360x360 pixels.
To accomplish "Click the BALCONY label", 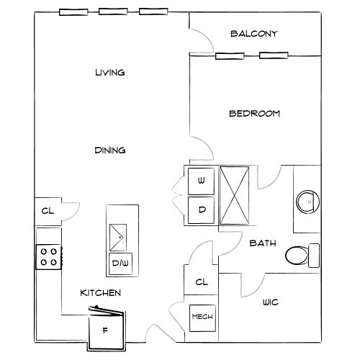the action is (254, 34).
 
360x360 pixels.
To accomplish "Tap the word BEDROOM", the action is (254, 113).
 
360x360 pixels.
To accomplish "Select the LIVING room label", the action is (110, 73).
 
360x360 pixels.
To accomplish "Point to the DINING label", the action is (110, 150).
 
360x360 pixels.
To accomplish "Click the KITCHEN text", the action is (101, 293).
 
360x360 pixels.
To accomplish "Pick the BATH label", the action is (263, 243).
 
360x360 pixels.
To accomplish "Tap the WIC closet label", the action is (271, 302).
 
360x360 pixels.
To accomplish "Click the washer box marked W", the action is (201, 181).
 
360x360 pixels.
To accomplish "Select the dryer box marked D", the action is (201, 210).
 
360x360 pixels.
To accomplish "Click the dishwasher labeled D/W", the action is (120, 264).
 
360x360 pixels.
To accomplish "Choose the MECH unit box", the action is (202, 318).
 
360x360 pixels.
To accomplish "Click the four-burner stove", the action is (49, 257).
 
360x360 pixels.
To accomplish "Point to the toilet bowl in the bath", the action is (297, 256).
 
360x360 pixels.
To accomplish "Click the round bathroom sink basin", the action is (308, 202).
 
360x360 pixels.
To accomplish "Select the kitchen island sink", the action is (118, 238).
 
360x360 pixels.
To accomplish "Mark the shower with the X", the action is (234, 196).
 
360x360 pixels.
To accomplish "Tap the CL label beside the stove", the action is (48, 211).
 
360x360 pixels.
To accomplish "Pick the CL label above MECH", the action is (202, 282).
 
